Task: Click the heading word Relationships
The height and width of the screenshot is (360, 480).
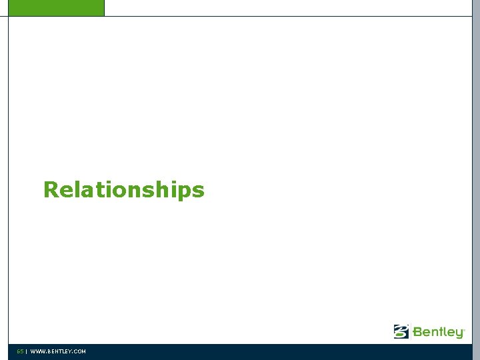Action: [123, 190]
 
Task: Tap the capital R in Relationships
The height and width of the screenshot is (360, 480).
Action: [51, 190]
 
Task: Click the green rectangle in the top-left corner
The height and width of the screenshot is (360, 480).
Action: [52, 7]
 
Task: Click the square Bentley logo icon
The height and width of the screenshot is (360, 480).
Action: [401, 331]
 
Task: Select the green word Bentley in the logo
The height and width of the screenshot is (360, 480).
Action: [438, 331]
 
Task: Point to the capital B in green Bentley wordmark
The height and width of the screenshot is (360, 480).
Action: [418, 331]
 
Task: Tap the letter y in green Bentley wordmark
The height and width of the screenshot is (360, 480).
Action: [459, 333]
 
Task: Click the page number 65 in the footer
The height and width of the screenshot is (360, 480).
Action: [20, 351]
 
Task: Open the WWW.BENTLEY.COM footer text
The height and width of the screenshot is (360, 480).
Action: [58, 351]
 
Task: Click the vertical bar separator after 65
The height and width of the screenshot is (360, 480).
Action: [26, 351]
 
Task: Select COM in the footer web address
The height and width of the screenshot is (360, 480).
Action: [79, 351]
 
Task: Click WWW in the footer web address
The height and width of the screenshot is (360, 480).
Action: [37, 351]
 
